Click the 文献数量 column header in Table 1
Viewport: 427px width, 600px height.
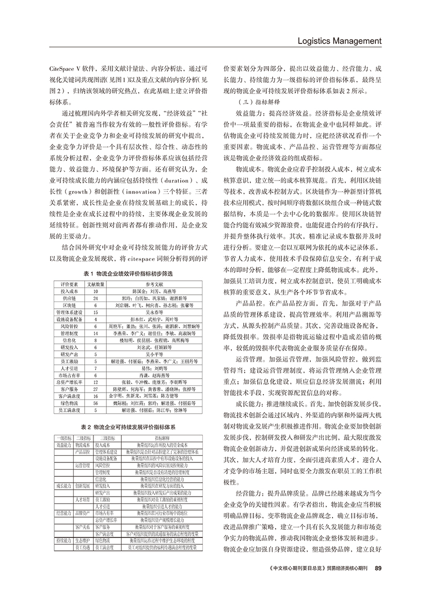coord(95,284)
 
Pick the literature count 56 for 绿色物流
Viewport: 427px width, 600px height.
coord(96,402)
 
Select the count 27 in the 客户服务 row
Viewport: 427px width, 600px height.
coord(96,387)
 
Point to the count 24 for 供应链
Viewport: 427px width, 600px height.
coord(96,299)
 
